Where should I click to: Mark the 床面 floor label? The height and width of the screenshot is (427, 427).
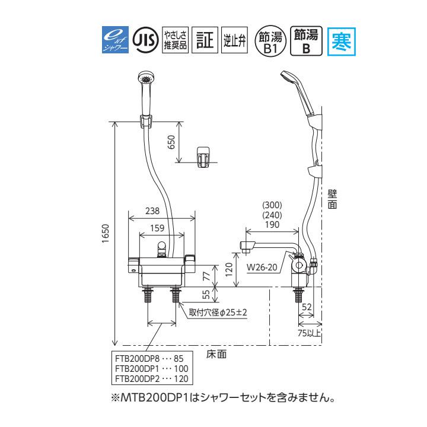click(x=216, y=355)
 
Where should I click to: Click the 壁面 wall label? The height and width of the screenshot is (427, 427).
click(x=332, y=198)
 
